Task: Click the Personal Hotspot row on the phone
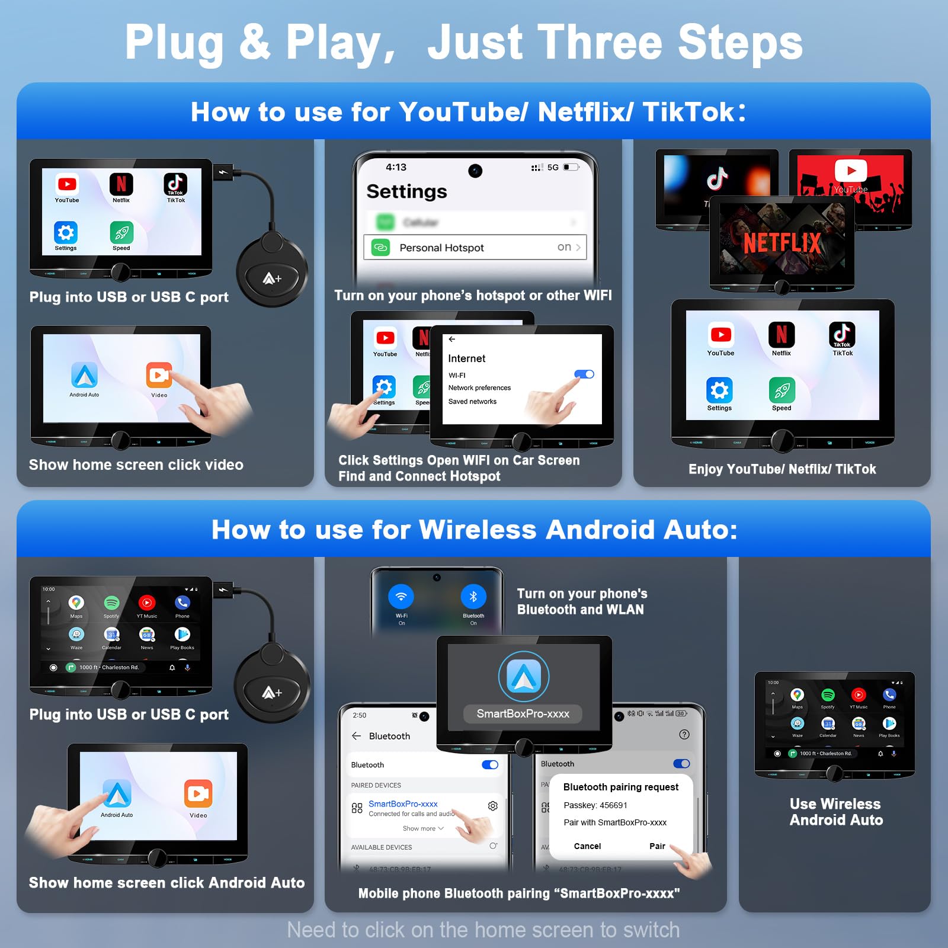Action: pos(474,247)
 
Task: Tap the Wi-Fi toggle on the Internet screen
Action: pos(584,374)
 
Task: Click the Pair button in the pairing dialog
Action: pos(657,846)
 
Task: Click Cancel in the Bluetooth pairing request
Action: pos(587,846)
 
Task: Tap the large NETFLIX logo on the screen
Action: pos(782,243)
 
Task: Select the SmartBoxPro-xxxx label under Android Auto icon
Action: pos(523,714)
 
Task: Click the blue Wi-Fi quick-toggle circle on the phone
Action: pos(401,597)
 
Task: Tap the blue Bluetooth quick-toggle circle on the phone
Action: pos(473,597)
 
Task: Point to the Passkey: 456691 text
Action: pos(595,805)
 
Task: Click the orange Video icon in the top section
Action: pos(159,375)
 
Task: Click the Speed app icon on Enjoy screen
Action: pos(782,390)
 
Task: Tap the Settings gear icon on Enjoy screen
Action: pos(719,390)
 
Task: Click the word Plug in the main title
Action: pos(175,43)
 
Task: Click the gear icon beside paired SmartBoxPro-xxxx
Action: pos(492,806)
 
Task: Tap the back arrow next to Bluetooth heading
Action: pos(356,736)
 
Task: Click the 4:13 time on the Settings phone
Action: pos(396,167)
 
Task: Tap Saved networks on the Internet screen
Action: pos(472,402)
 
